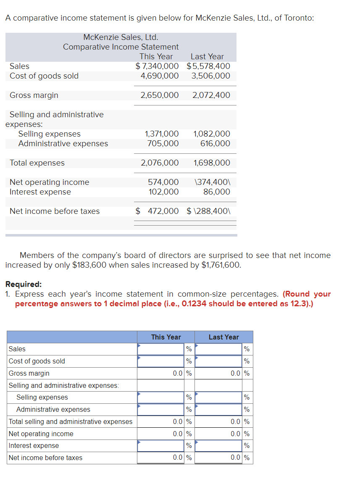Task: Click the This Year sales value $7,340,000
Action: [x=157, y=66]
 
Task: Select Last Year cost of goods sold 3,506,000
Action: [x=210, y=76]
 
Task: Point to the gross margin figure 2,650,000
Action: [x=160, y=95]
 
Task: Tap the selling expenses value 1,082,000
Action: [x=212, y=134]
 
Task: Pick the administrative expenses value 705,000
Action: [x=163, y=144]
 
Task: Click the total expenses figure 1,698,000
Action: [x=212, y=163]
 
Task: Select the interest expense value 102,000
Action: [x=163, y=192]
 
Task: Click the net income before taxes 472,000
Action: [x=163, y=211]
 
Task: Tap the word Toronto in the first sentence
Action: [x=297, y=18]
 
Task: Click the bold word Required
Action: [x=23, y=284]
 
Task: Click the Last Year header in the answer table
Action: [x=223, y=337]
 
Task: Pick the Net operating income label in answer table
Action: [x=41, y=434]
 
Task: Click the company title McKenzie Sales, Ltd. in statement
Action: [x=121, y=37]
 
